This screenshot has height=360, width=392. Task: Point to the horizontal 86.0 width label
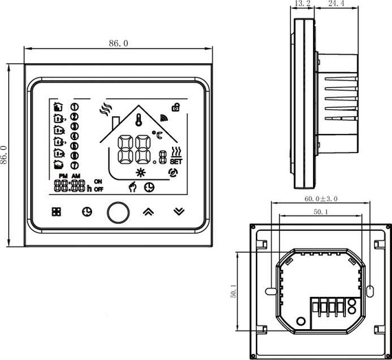118,43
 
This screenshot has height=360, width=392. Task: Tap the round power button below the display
118,212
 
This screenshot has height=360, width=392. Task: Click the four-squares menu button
56,212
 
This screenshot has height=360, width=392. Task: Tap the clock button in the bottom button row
87,212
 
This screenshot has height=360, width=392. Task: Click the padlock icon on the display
177,106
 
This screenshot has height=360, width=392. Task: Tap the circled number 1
75,106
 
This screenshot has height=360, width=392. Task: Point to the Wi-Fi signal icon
164,116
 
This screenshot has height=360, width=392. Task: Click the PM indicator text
63,177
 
